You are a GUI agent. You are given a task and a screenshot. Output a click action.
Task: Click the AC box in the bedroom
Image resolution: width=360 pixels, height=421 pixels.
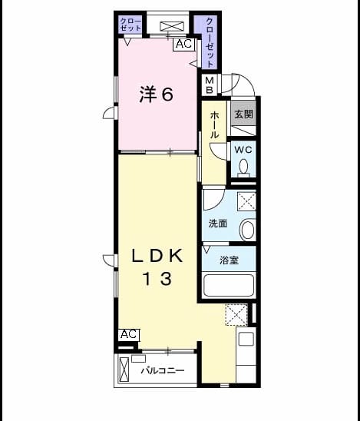(x=183, y=44)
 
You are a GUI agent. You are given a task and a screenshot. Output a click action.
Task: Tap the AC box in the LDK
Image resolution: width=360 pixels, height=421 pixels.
(x=129, y=334)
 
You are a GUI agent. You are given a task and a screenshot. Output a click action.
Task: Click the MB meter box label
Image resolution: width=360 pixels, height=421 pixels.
(x=210, y=85)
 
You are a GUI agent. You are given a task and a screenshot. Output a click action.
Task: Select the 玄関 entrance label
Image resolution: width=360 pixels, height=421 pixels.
(x=243, y=114)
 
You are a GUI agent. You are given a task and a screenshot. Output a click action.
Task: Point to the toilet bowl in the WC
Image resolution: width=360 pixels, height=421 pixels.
(x=243, y=166)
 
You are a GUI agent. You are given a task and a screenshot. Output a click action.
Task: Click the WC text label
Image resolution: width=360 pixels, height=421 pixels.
(x=243, y=150)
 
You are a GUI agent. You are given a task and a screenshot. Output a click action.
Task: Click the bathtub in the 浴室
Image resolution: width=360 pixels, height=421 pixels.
(x=229, y=285)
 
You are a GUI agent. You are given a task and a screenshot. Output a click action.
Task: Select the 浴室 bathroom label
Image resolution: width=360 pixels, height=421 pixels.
(x=229, y=260)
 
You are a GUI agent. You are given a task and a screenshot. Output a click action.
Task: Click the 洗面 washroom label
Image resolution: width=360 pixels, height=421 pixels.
(x=218, y=224)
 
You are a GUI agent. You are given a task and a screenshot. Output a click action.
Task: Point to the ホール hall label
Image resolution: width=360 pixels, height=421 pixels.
(x=214, y=125)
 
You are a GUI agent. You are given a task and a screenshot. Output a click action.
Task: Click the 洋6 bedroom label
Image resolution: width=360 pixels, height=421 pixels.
(x=157, y=94)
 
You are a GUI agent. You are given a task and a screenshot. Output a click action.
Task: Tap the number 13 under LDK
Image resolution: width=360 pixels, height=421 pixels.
(x=157, y=278)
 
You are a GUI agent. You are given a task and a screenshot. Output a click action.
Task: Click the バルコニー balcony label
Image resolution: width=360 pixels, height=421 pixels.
(x=163, y=371)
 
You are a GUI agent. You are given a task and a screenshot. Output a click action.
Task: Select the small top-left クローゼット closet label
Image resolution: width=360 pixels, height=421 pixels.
(x=130, y=25)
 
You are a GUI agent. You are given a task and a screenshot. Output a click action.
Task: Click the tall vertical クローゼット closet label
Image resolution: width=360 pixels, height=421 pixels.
(x=210, y=42)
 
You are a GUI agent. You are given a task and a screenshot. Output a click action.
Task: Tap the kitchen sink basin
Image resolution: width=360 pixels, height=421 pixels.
(x=246, y=339)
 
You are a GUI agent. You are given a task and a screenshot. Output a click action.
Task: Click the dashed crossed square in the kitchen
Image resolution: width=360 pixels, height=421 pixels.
(x=236, y=315)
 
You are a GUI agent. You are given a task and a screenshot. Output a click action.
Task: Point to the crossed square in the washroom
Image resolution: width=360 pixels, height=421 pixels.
(x=246, y=201)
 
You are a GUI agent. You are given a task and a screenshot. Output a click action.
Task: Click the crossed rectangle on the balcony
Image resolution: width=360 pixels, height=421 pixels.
(x=124, y=370)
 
